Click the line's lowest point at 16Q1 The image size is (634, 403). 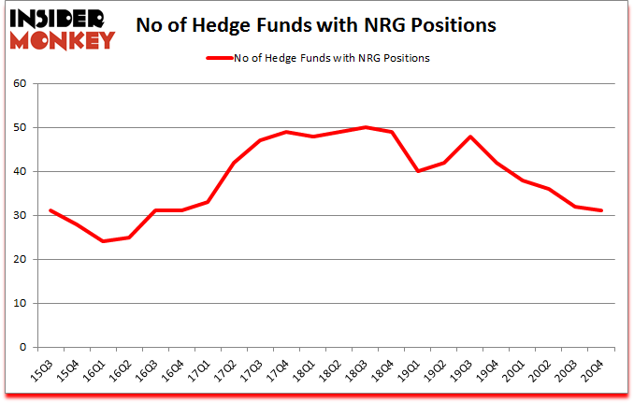click(104, 241)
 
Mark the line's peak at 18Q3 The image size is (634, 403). click(367, 127)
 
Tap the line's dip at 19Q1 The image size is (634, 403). click(419, 171)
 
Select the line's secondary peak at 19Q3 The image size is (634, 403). click(471, 137)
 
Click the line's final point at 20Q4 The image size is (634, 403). click(602, 210)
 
